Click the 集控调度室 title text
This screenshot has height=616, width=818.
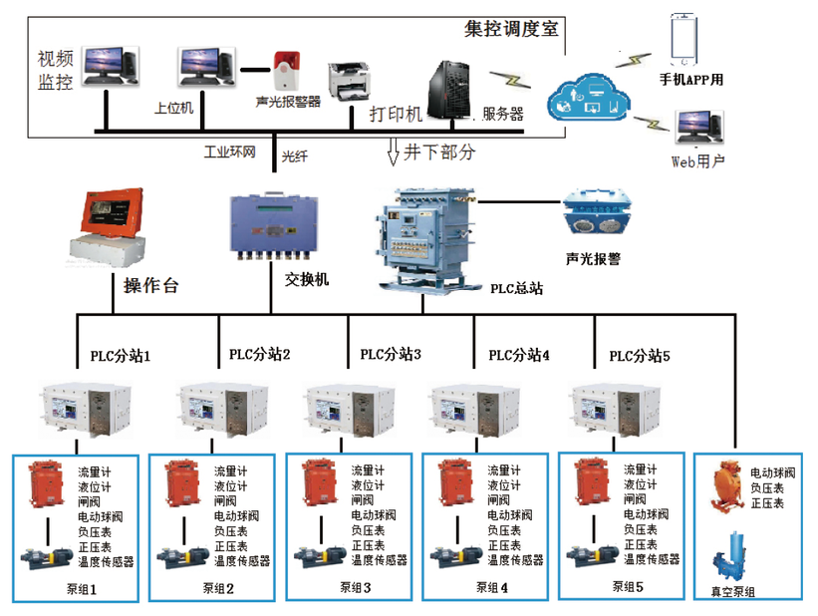coord(511,29)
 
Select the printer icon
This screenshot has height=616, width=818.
coord(350,80)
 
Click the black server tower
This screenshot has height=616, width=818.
coord(449,86)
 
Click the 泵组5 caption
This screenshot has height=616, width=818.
coord(628,586)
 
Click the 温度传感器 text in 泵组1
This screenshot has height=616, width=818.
coord(106,561)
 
